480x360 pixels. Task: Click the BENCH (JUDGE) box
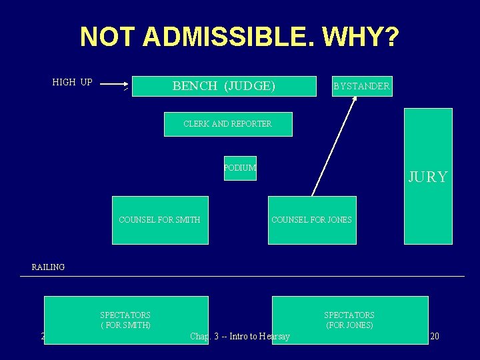[224, 86]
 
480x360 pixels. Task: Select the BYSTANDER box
[362, 86]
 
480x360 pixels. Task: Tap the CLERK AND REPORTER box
[228, 124]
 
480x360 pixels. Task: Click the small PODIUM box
[240, 168]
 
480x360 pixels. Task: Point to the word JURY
[428, 177]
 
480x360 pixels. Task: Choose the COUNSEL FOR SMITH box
[160, 220]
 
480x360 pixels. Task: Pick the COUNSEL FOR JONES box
[312, 220]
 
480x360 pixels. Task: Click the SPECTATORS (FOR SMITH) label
[125, 320]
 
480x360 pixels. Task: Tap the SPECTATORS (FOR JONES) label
[349, 320]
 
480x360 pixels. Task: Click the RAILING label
[48, 267]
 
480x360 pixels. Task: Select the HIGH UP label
[72, 83]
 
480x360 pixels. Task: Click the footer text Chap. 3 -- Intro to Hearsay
[240, 337]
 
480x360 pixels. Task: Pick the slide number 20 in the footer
[435, 336]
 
